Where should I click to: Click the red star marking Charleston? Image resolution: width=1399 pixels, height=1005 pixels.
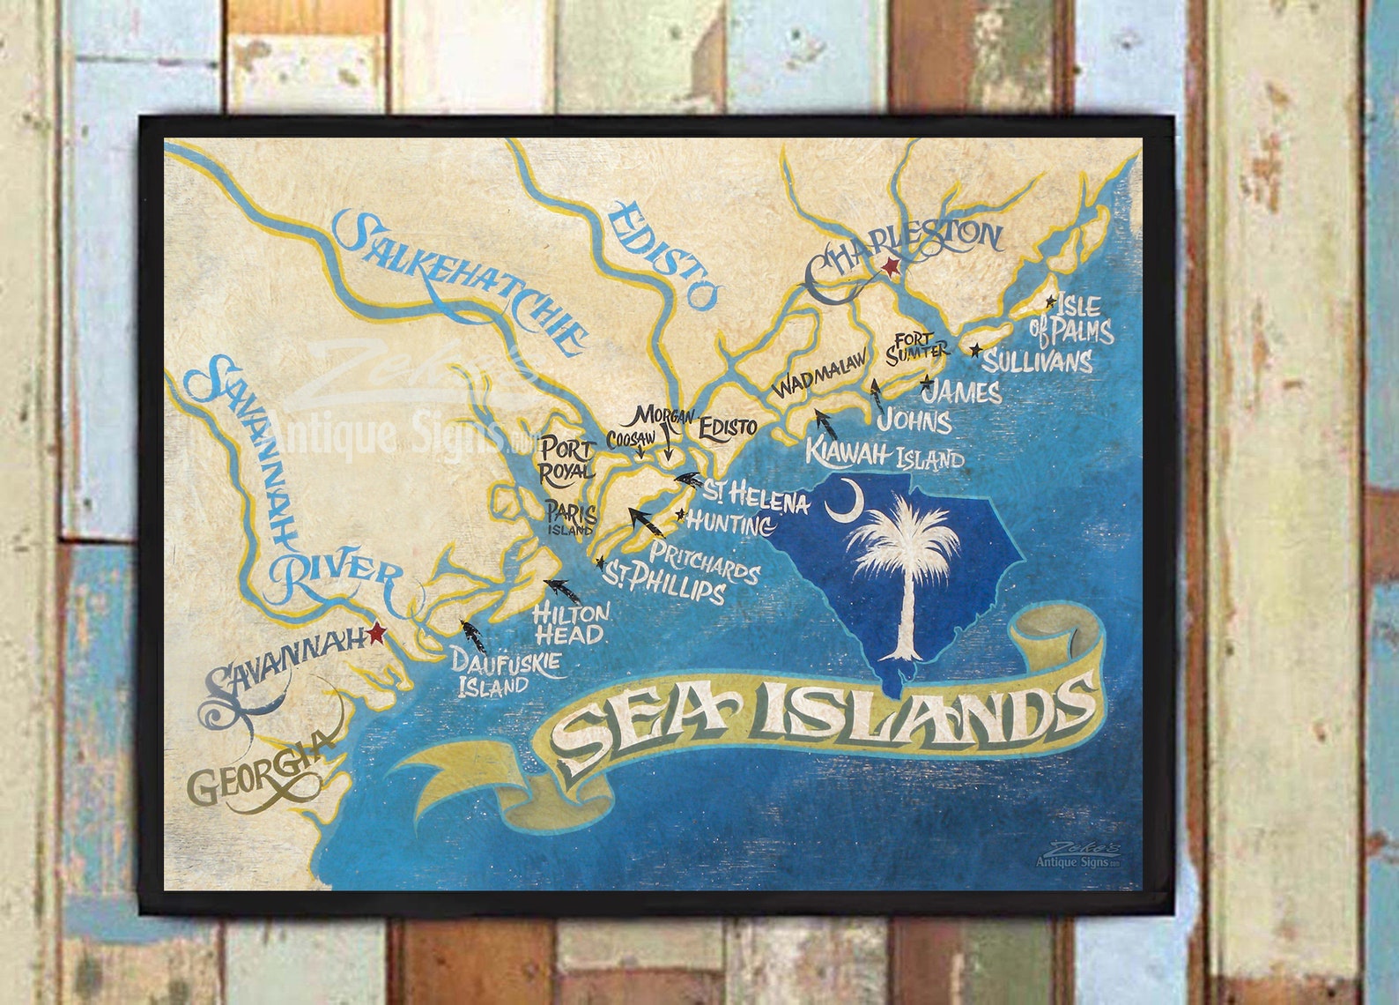891,266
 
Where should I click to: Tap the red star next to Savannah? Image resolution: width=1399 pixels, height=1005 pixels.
379,632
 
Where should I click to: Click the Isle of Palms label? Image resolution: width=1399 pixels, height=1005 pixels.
1072,319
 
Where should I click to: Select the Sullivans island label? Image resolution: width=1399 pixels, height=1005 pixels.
1037,361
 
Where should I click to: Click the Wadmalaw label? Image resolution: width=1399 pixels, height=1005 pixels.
819,377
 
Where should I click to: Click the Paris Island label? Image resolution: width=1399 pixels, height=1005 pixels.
571,518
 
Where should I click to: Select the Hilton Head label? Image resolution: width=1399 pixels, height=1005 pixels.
570,622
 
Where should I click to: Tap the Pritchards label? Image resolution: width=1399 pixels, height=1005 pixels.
705,563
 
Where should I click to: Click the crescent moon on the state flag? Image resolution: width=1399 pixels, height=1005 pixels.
840,500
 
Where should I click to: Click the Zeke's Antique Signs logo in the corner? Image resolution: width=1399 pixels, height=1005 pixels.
1078,855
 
